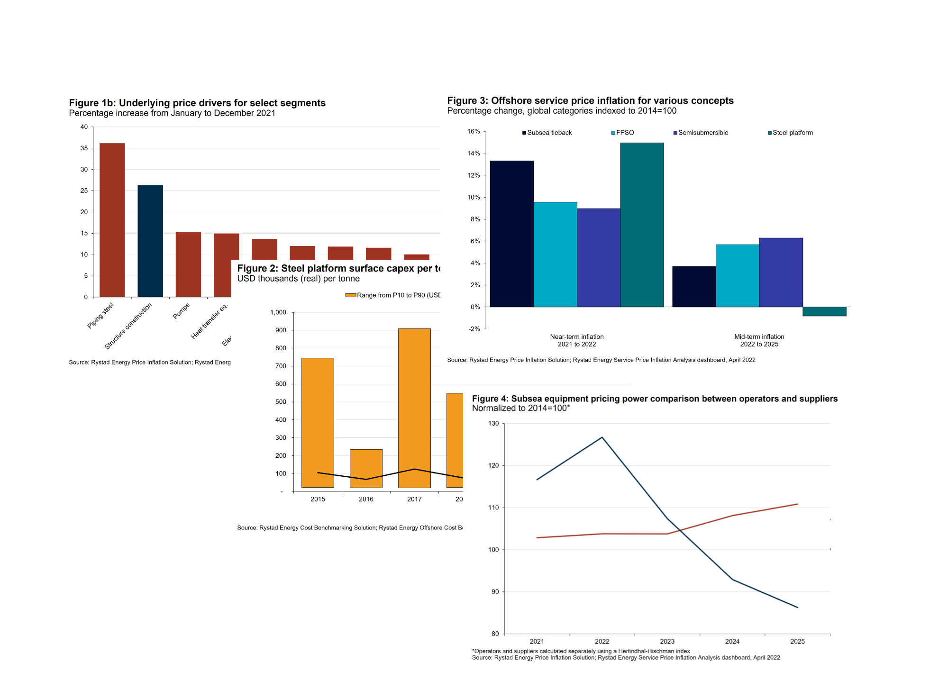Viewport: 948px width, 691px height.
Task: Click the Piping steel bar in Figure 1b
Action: [112, 220]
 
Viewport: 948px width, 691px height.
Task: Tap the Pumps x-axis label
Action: [181, 311]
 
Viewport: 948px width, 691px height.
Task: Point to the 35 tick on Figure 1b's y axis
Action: [84, 148]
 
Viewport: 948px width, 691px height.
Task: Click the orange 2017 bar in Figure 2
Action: [414, 408]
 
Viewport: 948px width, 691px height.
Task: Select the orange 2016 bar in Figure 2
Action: [366, 468]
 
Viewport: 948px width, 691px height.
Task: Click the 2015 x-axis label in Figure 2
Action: [318, 499]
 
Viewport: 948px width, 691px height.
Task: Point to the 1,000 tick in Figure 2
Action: [278, 312]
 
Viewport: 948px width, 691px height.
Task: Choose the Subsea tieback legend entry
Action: [547, 133]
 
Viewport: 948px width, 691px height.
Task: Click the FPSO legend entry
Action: [623, 133]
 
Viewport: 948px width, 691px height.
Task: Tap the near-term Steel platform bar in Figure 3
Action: [642, 225]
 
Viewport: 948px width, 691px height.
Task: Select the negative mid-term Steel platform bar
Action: [824, 311]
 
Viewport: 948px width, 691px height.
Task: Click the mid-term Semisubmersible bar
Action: [781, 272]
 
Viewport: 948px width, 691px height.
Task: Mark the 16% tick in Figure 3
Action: [474, 131]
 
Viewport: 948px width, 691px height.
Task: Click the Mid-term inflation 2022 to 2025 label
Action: [759, 340]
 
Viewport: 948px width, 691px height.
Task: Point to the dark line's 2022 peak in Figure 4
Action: [602, 437]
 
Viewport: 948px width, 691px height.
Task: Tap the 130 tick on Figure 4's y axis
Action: [493, 423]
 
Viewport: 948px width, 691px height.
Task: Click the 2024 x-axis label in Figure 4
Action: [732, 641]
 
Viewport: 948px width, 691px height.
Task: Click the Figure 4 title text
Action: [655, 399]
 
